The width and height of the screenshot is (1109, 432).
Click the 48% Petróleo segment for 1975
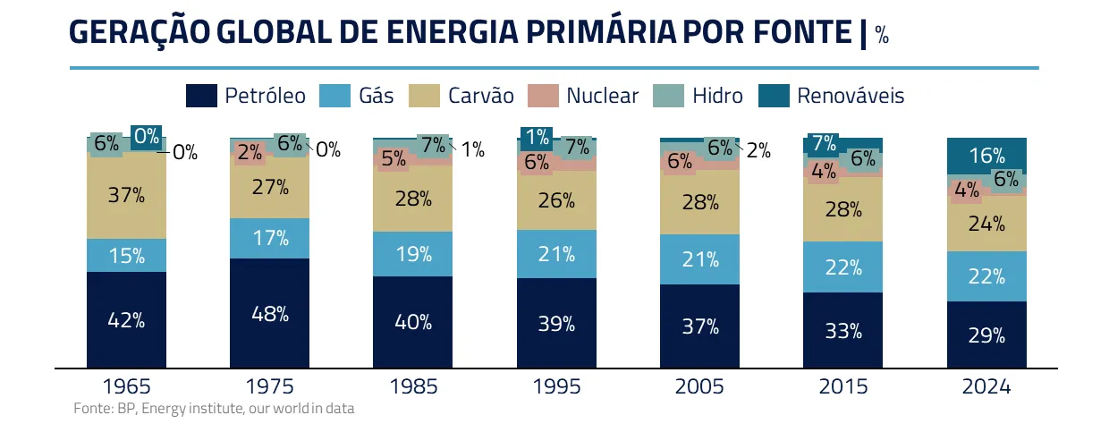tap(269, 314)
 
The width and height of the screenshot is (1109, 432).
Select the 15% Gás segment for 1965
tap(126, 256)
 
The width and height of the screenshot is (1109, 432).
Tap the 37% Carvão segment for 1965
tap(126, 195)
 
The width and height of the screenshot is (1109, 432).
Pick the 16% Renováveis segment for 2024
tap(986, 156)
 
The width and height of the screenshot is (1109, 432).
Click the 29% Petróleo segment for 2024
tap(986, 335)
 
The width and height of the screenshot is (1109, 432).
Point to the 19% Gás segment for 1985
tap(413, 254)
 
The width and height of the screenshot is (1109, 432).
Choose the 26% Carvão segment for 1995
tap(556, 200)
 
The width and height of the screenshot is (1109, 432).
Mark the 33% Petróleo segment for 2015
tap(842, 331)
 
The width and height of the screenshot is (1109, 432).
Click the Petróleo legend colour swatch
tap(201, 96)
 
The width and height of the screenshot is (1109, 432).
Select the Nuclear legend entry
tap(602, 96)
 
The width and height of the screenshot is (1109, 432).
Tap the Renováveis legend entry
tap(850, 96)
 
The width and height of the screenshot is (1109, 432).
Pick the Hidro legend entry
tap(716, 96)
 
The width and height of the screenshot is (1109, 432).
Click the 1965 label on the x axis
tap(126, 387)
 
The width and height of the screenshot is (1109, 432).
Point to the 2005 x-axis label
tap(699, 387)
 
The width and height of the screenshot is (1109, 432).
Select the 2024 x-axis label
tap(986, 387)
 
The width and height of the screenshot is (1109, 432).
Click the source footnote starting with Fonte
tap(214, 409)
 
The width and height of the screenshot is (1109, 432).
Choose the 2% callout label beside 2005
tap(758, 150)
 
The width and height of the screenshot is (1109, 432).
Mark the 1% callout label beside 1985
tap(472, 150)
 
